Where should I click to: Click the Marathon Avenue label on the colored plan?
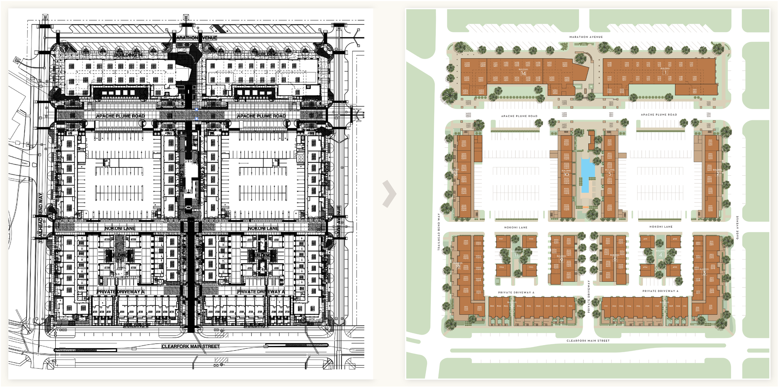tap(586, 37)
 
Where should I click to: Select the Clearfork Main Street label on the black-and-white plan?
tap(190, 346)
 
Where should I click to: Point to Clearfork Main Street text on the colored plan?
tap(588, 341)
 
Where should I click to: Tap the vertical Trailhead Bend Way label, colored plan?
tap(439, 232)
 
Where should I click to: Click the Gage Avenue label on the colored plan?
tap(737, 227)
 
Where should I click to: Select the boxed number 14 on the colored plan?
tap(523, 73)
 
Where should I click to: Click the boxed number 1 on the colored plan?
tap(665, 72)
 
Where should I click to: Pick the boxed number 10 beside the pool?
tap(566, 174)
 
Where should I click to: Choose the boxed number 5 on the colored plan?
tap(610, 174)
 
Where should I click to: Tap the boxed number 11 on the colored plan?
tap(516, 255)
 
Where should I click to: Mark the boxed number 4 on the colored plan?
tap(660, 255)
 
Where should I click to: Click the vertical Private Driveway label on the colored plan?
tap(589, 296)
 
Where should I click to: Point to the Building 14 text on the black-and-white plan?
tap(128, 55)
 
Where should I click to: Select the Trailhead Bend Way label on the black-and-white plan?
tap(41, 217)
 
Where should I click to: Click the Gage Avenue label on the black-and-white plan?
tap(339, 222)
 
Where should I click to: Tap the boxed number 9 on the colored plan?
tap(561, 260)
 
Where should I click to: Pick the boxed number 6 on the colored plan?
tap(615, 259)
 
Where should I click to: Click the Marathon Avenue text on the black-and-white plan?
tap(196, 38)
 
